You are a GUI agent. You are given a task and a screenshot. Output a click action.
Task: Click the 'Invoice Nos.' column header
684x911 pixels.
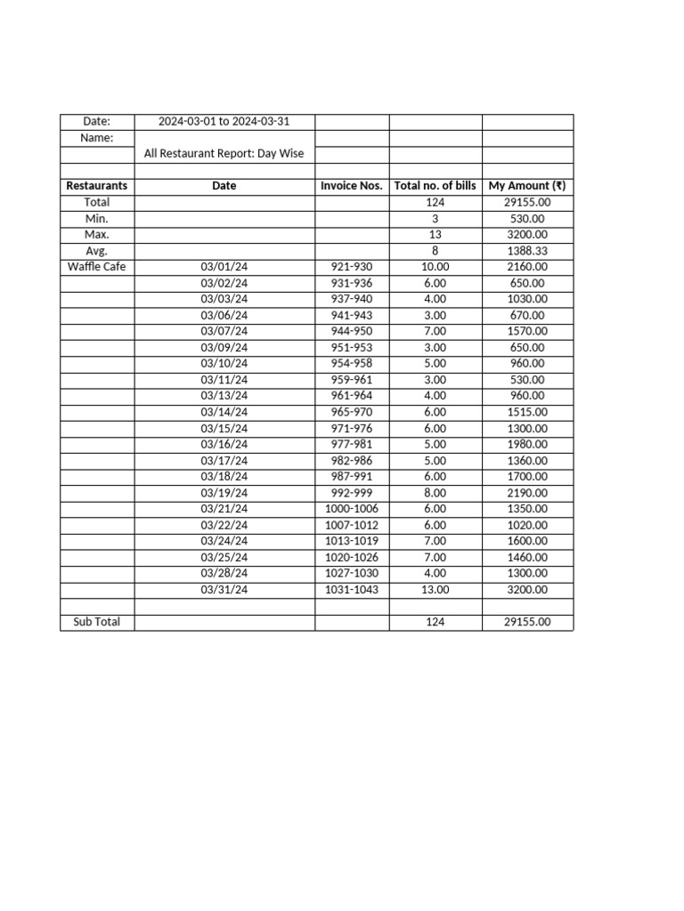click(352, 186)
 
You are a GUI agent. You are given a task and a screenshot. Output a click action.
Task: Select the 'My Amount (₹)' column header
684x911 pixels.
click(527, 186)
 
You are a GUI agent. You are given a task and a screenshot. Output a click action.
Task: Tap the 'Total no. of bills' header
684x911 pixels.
click(436, 186)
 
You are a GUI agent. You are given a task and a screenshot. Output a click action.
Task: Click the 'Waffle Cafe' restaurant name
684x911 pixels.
click(96, 267)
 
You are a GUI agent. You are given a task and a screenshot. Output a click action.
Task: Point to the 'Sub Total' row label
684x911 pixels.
click(96, 622)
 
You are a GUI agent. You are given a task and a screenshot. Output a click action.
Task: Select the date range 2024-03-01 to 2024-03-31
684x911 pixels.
click(224, 121)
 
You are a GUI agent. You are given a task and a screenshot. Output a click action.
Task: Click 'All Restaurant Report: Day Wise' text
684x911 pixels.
click(224, 153)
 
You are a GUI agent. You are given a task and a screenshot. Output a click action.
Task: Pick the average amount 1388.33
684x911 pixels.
click(527, 251)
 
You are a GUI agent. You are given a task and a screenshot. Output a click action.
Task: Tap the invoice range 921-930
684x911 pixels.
click(352, 267)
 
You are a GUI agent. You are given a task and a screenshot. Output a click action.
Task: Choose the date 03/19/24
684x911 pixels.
click(224, 493)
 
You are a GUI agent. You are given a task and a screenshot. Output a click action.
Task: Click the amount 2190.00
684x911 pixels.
click(527, 493)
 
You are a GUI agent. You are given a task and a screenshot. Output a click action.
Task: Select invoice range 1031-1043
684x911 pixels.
click(352, 590)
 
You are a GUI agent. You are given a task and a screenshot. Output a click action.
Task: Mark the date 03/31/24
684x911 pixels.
click(224, 590)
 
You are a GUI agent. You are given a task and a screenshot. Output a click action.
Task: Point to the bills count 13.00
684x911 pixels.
click(436, 590)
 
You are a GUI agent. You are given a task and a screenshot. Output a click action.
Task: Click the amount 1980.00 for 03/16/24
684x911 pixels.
click(527, 444)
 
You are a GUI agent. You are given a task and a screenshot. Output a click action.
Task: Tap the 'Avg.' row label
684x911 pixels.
click(96, 251)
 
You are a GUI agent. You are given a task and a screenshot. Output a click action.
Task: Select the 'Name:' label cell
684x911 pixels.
click(96, 138)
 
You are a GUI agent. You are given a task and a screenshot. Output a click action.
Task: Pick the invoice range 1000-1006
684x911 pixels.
click(352, 509)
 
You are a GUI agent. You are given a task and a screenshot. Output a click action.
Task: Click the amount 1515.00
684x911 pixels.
click(527, 412)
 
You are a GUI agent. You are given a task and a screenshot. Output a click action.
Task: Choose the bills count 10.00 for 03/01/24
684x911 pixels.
click(436, 267)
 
